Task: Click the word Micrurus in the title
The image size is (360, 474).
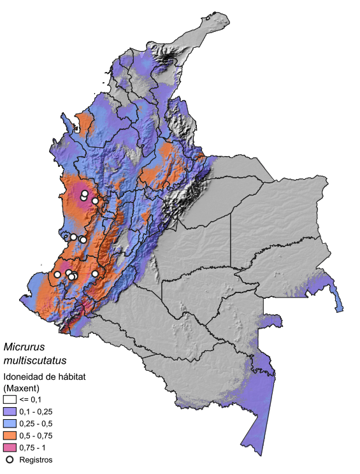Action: [x=24, y=348]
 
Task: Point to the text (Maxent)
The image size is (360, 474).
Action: [x=22, y=387]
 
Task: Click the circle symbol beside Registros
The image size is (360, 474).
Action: [x=10, y=459]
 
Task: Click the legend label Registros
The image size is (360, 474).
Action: [x=36, y=459]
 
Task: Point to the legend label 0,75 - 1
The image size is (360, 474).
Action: [x=35, y=447]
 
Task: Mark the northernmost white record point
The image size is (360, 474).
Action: [x=85, y=193]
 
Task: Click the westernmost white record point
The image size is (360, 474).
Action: [x=57, y=275]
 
